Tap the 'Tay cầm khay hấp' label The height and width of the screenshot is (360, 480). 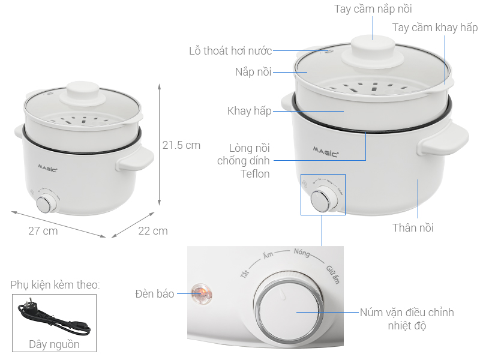click(x=435, y=28)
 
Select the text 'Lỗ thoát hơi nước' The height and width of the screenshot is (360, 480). click(x=230, y=51)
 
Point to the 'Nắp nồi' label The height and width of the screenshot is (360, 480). click(x=253, y=72)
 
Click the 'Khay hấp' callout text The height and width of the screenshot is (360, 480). click(x=249, y=111)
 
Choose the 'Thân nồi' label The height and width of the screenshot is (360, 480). click(x=413, y=227)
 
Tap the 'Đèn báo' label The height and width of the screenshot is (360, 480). click(x=154, y=293)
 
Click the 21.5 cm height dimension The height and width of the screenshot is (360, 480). click(x=181, y=145)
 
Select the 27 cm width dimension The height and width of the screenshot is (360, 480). click(x=43, y=231)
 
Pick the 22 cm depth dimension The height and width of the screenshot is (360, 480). click(x=153, y=231)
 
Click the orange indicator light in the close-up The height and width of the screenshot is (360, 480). click(x=199, y=293)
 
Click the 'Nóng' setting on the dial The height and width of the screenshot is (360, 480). click(x=302, y=253)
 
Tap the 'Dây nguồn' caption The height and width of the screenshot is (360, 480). click(x=54, y=344)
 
